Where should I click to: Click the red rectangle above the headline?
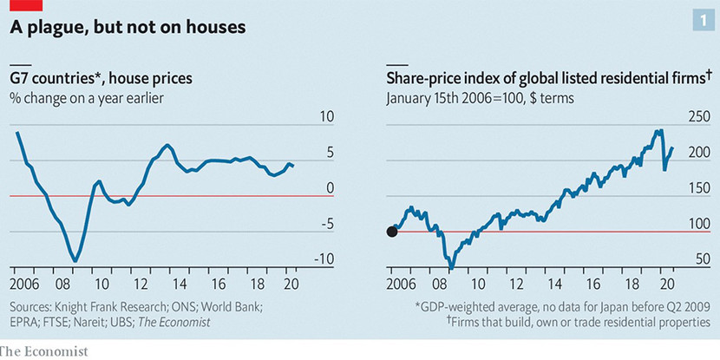26,6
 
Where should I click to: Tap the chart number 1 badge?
699,19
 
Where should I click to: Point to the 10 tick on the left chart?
328,117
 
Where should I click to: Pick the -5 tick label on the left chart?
328,225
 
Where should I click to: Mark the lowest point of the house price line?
76,260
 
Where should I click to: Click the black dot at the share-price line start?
391,232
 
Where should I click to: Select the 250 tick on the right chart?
698,117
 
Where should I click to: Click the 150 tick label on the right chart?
698,188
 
